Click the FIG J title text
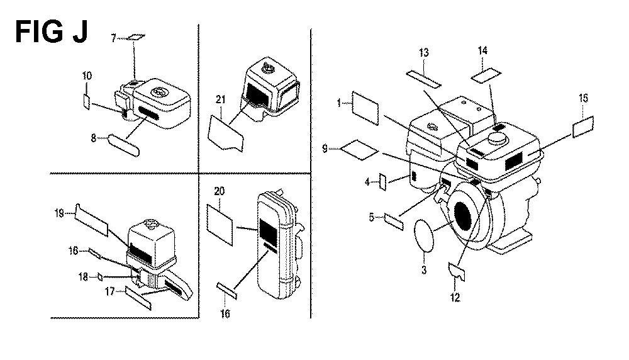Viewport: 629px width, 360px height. [52, 32]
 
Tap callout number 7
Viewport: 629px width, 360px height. [113, 38]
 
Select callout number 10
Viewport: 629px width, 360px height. [87, 76]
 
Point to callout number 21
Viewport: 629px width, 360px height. [221, 99]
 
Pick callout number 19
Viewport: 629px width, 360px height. [59, 213]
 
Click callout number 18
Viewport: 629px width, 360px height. [83, 276]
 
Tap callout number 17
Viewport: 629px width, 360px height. [110, 292]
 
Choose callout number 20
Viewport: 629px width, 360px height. [219, 191]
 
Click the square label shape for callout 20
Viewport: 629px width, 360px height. [220, 225]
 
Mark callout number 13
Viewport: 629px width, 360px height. [424, 53]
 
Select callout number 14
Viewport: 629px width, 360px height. [482, 50]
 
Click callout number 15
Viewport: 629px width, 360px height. [584, 98]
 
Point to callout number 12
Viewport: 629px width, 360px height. [455, 298]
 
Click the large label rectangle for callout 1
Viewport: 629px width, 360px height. [365, 108]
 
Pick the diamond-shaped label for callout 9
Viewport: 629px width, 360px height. [359, 150]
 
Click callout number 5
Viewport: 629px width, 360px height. [372, 217]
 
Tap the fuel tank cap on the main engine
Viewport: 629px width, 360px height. [498, 140]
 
